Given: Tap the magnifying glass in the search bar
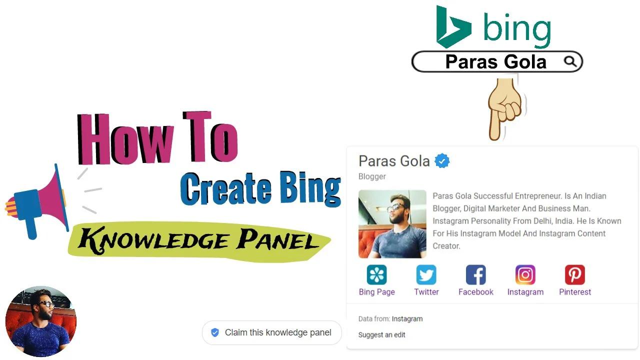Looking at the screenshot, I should (570, 61).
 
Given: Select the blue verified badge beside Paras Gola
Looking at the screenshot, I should (442, 161).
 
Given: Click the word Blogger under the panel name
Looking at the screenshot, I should (372, 176).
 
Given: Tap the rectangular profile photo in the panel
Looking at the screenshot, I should (392, 224).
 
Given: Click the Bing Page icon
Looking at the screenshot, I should (376, 275).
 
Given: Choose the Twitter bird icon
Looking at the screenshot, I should (426, 275).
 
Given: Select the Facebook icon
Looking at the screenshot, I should (475, 275).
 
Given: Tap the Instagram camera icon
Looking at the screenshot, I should (525, 275).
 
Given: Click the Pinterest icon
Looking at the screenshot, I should (574, 275).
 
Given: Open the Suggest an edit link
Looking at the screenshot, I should (381, 335).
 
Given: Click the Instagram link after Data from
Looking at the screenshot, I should (407, 318).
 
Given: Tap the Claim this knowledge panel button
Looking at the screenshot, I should (271, 332).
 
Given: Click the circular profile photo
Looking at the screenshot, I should (41, 321).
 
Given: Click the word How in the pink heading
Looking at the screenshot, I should (125, 138).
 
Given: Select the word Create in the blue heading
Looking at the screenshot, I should (225, 189).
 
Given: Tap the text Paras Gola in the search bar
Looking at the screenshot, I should (495, 62).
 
